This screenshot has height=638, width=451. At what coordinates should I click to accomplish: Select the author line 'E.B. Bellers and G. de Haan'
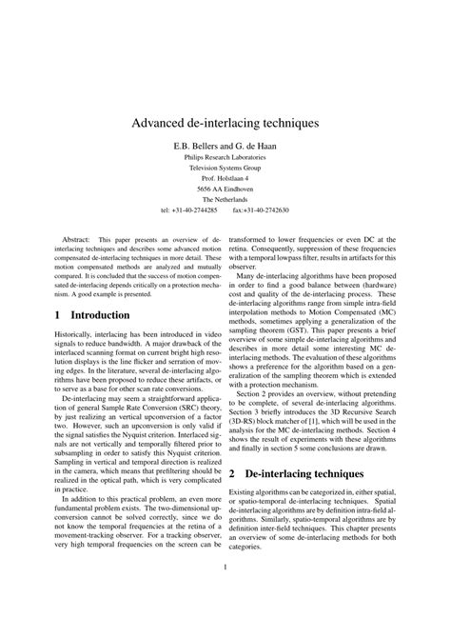pos(225,146)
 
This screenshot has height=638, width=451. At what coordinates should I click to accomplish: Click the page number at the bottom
pos(225,597)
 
